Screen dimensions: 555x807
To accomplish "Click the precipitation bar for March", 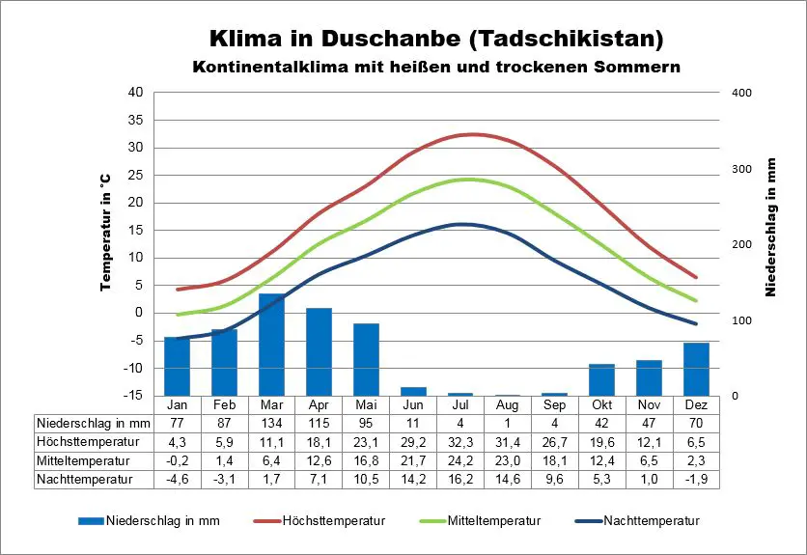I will tap(271, 345).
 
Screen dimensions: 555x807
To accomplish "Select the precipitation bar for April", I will tap(319, 351).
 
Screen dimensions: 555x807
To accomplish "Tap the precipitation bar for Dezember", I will tap(696, 369).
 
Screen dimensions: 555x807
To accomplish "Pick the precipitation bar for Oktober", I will tap(601, 379).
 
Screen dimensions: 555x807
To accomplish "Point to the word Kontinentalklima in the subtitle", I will tap(263, 68).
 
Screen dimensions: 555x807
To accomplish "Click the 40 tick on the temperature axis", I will tap(135, 93).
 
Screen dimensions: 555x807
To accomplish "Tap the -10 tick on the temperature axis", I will tap(132, 368).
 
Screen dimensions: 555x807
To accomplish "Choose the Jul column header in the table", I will tap(459, 404).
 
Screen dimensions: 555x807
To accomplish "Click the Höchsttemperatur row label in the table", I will tap(87, 441).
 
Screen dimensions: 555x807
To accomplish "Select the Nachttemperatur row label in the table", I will tap(84, 478).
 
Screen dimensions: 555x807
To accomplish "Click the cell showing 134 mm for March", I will tap(271, 423).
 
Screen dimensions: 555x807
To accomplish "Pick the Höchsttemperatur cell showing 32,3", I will tap(459, 441).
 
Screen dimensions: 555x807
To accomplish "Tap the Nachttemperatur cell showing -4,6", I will tap(177, 478).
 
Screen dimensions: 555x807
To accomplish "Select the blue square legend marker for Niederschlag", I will tap(91, 520).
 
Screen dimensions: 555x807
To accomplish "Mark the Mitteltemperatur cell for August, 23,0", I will tap(507, 459).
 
